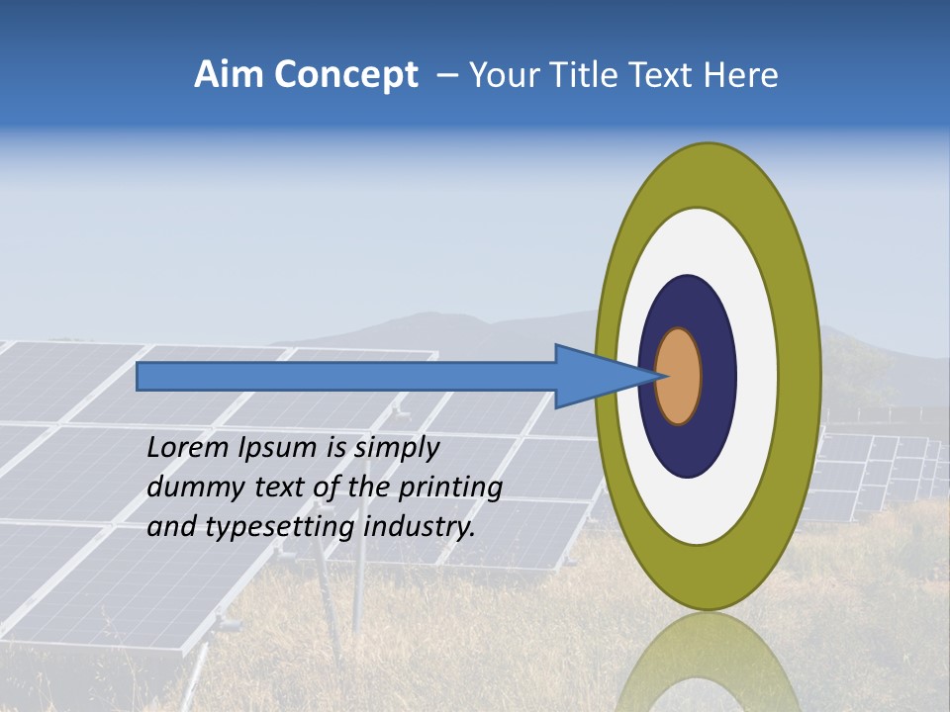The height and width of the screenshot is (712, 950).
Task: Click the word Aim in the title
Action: point(225,75)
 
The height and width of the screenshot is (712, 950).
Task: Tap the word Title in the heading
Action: point(573,75)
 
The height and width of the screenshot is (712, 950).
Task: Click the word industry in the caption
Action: point(420,527)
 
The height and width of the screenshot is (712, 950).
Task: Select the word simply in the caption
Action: point(396,448)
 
